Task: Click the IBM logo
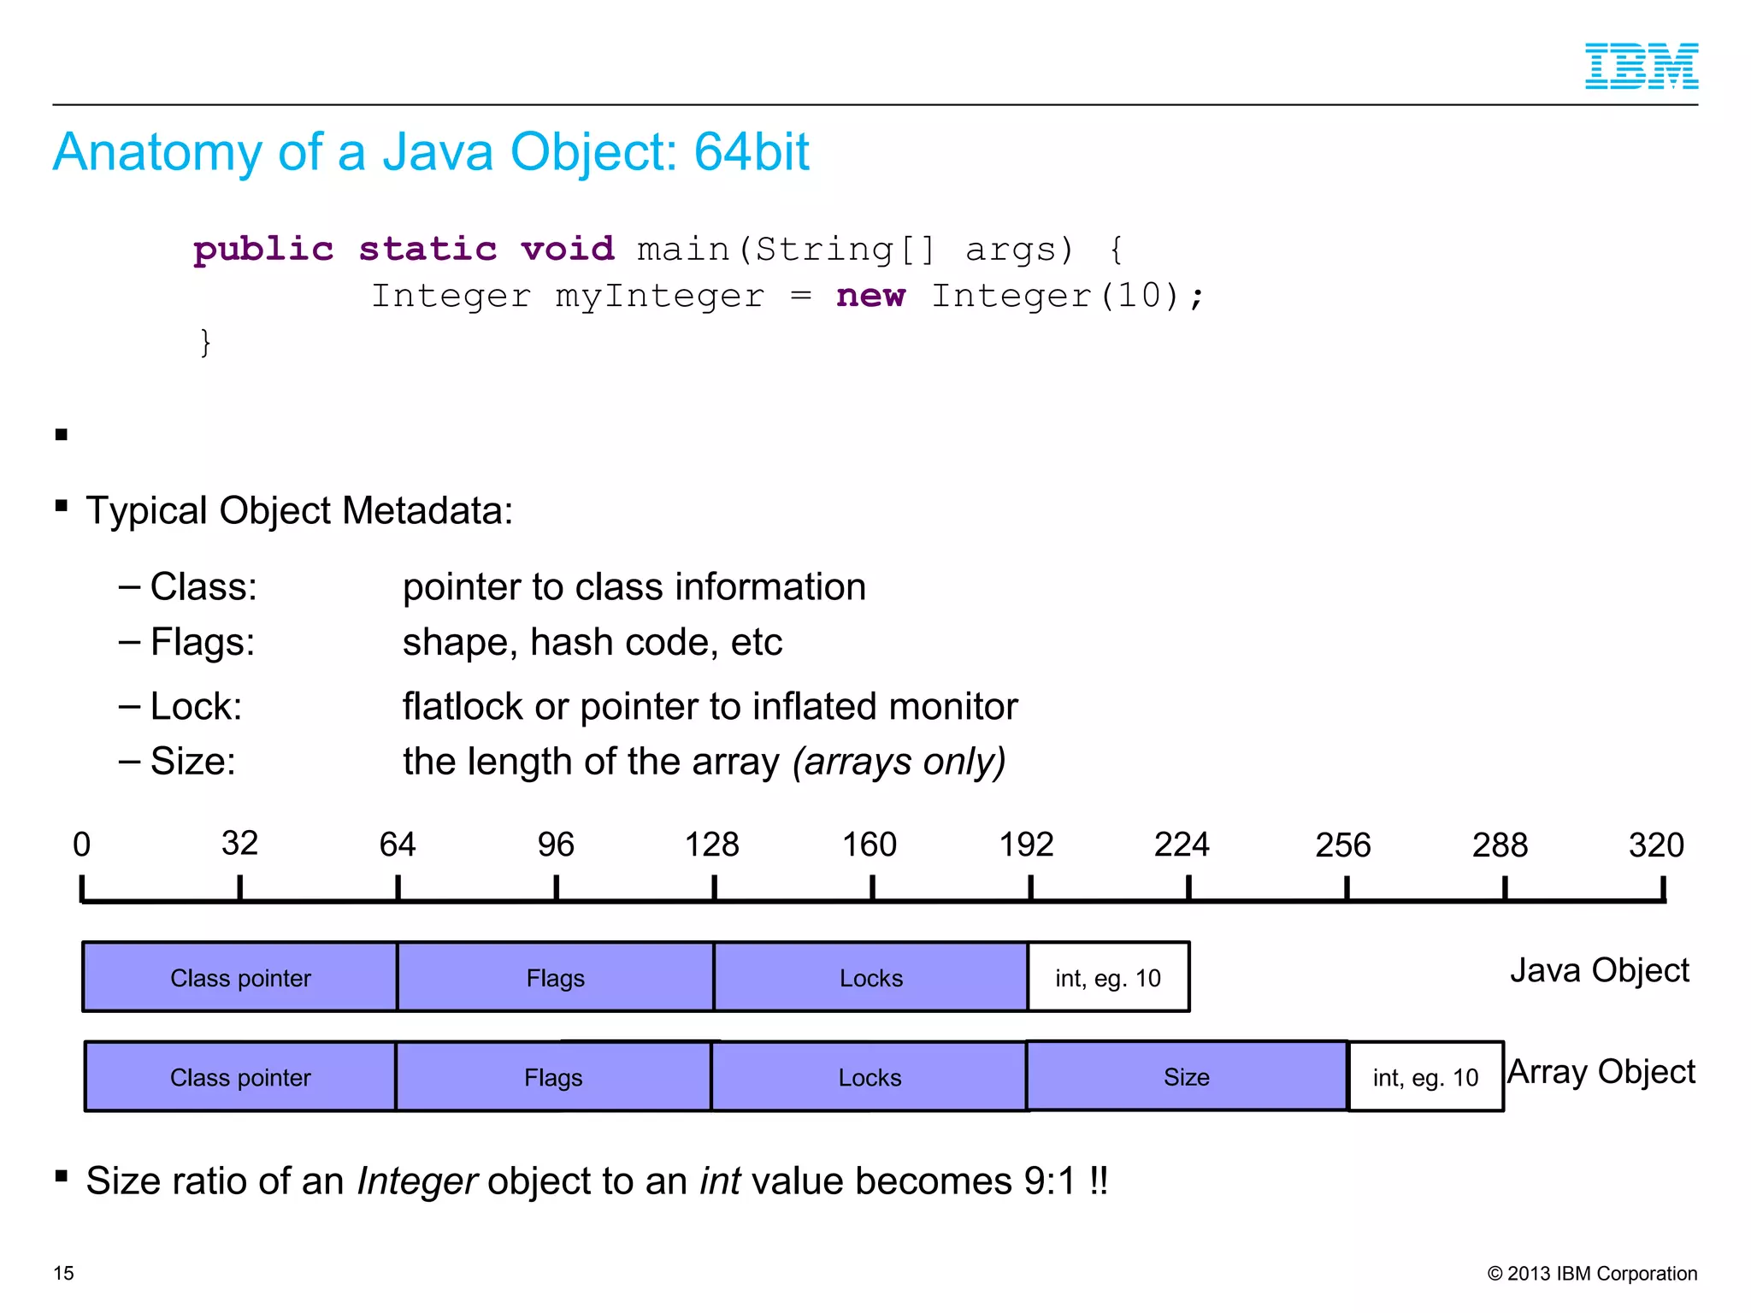[1641, 66]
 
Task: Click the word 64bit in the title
[751, 152]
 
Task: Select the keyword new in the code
[870, 296]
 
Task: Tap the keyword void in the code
[567, 249]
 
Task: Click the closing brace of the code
[205, 342]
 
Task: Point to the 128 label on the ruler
[711, 845]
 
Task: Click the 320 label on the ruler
[1655, 845]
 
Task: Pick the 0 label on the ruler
[81, 845]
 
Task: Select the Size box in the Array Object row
[1186, 1076]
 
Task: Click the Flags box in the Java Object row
[555, 977]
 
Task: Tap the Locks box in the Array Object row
[869, 1077]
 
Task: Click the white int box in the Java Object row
[1107, 977]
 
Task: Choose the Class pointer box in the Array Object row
[240, 1077]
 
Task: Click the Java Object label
[1599, 970]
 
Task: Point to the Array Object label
[1601, 1071]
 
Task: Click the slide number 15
[64, 1273]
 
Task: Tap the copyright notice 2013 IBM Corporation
[1592, 1273]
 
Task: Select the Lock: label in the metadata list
[196, 706]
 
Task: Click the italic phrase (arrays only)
[899, 761]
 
